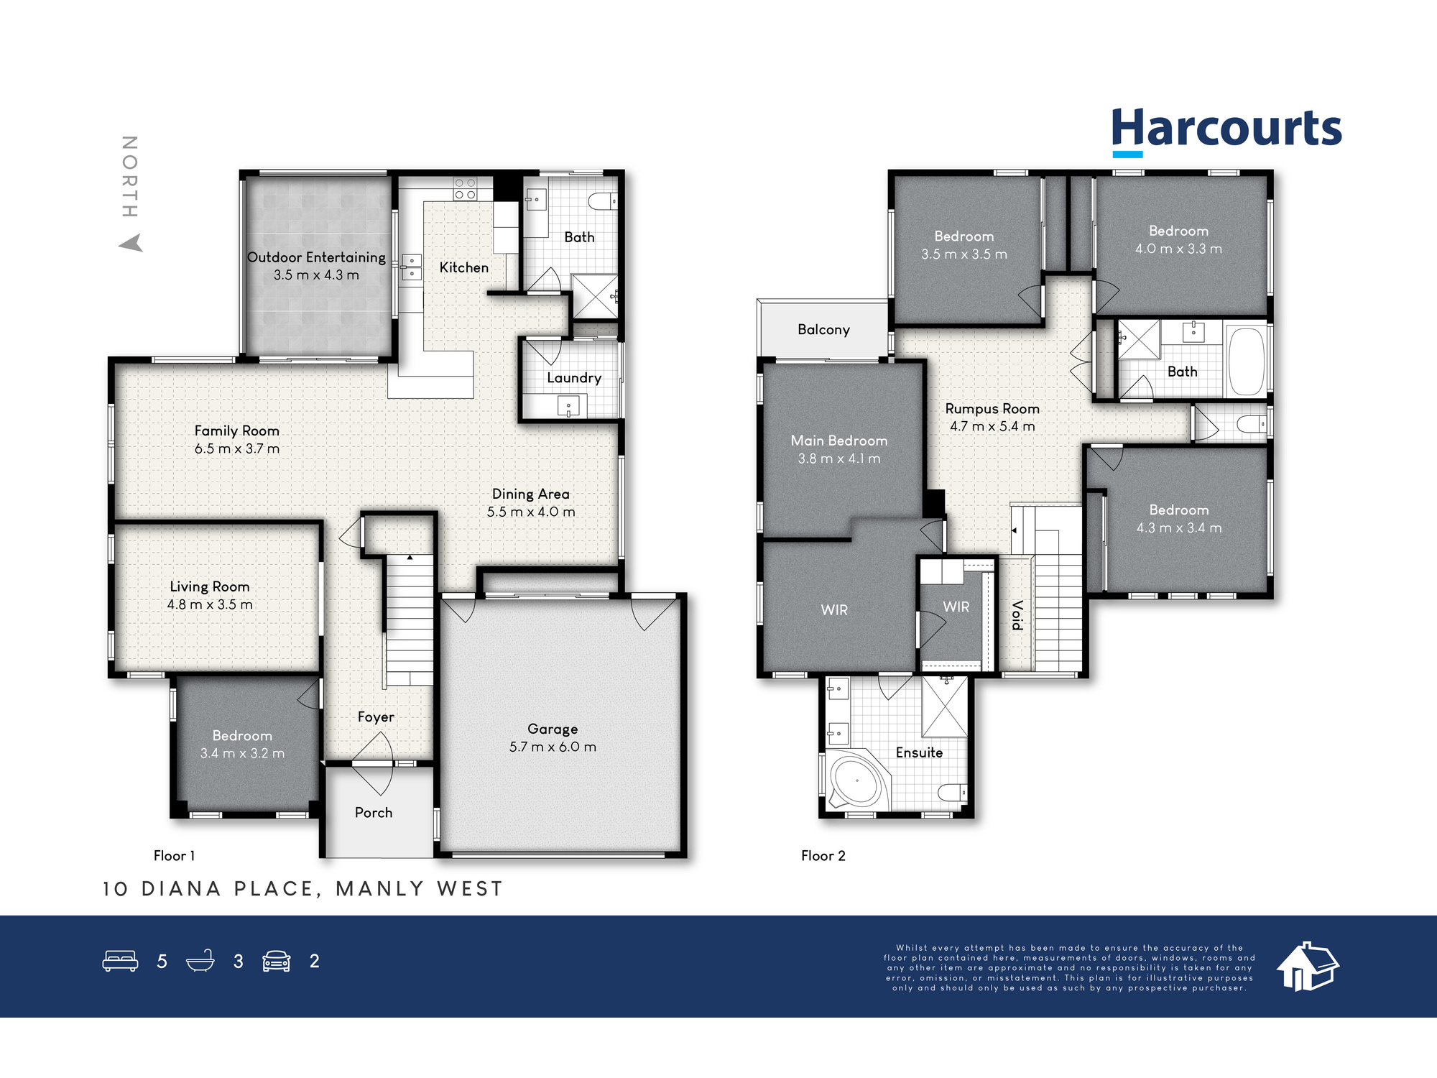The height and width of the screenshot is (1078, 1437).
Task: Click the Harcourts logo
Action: pos(1226,132)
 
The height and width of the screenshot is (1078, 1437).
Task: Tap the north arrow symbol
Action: pos(131,243)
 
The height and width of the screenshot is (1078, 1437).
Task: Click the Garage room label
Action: pos(553,729)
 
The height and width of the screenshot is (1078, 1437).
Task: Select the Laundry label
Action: pos(574,378)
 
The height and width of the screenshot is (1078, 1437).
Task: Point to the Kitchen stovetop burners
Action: pos(465,189)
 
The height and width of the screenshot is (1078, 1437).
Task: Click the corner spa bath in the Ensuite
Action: pos(857,781)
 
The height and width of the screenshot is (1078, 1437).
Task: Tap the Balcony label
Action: pos(823,330)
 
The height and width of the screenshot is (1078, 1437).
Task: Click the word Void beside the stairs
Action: pos(1017,615)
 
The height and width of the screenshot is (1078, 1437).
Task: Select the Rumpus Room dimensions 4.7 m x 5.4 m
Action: pos(992,426)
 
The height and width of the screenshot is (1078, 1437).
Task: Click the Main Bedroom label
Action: pos(839,441)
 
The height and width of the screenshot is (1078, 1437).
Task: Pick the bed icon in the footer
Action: pos(120,961)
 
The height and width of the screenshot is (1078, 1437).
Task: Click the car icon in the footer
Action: pos(277,961)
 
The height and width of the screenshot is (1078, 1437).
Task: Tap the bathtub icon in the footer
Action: pos(200,961)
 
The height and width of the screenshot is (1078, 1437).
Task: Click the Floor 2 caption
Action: pos(823,855)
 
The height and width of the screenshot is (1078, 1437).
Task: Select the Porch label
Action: pos(374,813)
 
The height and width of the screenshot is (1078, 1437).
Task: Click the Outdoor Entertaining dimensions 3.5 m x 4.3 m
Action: pos(316,275)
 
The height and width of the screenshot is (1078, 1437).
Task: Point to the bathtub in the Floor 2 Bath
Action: pos(1247,361)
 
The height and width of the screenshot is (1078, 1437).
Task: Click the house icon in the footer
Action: pos(1308,967)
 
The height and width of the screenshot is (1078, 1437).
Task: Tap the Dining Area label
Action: pos(531,494)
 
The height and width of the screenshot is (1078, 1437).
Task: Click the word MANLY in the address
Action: pos(380,889)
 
